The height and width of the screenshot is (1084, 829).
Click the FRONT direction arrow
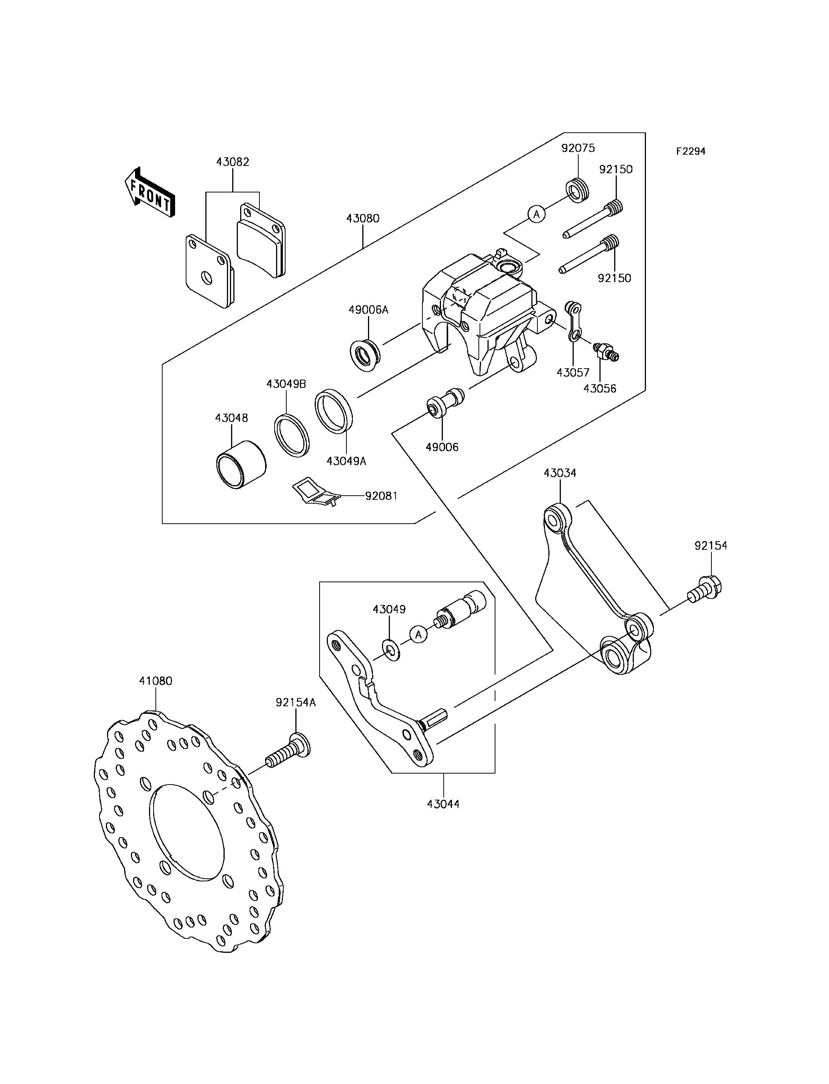[149, 192]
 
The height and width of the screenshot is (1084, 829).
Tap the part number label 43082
[233, 162]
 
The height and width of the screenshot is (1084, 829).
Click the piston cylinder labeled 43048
[241, 464]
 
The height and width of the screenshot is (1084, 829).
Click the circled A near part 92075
[537, 214]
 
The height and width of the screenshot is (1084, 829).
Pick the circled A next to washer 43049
[419, 634]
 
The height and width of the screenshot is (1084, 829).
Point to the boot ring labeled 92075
[576, 191]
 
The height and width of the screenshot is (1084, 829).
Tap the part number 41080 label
[156, 681]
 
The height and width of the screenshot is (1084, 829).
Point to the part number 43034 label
[560, 473]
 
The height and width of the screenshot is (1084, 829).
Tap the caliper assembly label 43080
[363, 218]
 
